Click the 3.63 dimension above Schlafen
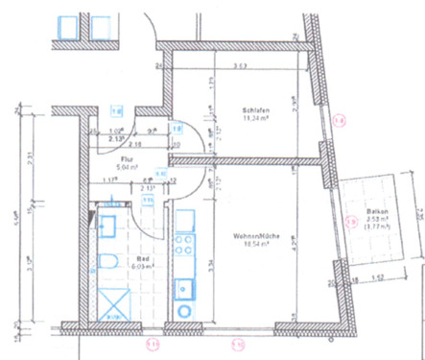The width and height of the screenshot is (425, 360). [238, 66]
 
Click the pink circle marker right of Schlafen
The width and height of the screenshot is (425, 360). [337, 120]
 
